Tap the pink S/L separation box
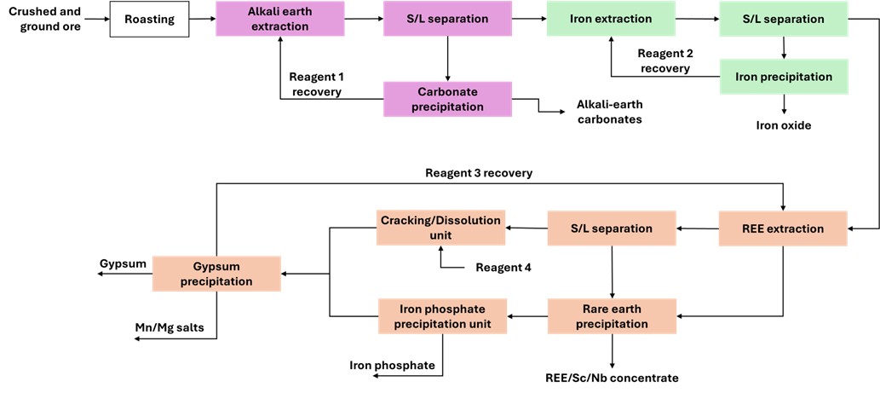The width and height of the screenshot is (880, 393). pos(447,19)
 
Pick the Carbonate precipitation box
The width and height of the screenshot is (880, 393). pos(447,99)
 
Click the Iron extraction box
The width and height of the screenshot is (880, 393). pos(610,19)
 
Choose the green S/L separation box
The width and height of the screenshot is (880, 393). pos(783,19)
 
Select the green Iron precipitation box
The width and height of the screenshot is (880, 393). pos(783,77)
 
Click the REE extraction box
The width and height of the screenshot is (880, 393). pos(783,228)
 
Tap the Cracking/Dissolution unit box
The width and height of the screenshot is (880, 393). pos(441,228)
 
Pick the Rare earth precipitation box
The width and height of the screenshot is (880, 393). pos(612,315)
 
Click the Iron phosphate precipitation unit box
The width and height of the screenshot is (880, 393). pos(441,315)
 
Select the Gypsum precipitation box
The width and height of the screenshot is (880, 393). pos(216,273)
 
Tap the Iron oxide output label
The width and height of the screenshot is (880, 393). pos(784,126)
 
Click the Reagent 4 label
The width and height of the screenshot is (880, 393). pos(503,268)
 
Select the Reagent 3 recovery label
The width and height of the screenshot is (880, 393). pos(479,173)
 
